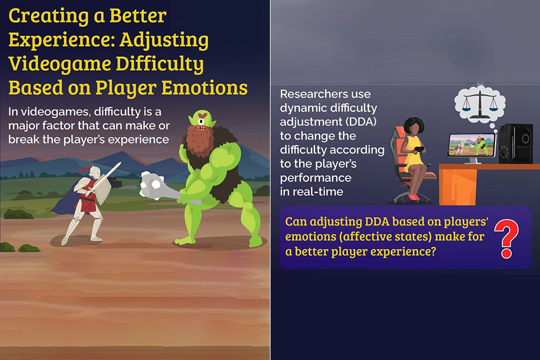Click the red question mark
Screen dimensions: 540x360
tap(506, 238)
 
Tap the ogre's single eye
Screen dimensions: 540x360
tap(201, 121)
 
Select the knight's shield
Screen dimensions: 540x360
tap(102, 190)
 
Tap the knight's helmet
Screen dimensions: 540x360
tap(93, 172)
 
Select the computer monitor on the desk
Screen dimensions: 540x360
tap(472, 146)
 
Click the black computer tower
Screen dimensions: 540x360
tap(516, 143)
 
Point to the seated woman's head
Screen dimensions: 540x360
tap(413, 127)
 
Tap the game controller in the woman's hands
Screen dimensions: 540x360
tap(420, 150)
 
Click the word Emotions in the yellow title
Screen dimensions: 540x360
tap(205, 88)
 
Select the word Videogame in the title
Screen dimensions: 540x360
tap(60, 64)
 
